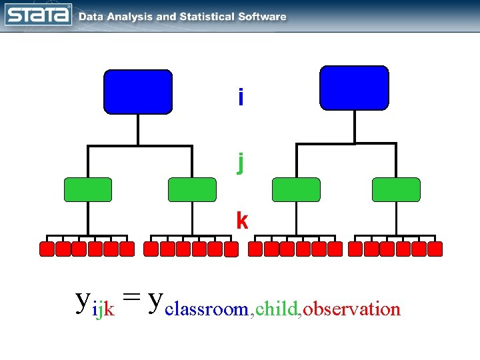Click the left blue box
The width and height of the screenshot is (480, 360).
(x=137, y=91)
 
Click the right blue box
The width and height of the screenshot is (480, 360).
(x=354, y=87)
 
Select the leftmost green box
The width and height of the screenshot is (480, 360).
(x=88, y=189)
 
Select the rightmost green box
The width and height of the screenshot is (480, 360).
(x=396, y=189)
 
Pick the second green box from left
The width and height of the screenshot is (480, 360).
(x=192, y=189)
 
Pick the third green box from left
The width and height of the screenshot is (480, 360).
(x=296, y=189)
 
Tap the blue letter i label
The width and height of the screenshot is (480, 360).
(x=241, y=98)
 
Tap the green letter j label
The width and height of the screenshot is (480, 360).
(x=241, y=161)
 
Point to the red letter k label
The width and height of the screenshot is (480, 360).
(x=241, y=221)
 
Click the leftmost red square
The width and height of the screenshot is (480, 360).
(x=47, y=249)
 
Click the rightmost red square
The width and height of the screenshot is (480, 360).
(x=435, y=249)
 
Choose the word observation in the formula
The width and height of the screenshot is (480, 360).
(x=352, y=309)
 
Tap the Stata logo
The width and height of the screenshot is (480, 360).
(x=38, y=15)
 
